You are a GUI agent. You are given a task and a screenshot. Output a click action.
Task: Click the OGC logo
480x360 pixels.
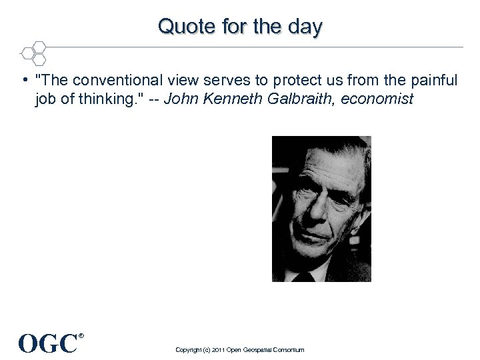[x=48, y=344]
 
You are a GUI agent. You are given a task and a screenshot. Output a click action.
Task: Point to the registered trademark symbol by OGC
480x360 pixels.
[x=81, y=336]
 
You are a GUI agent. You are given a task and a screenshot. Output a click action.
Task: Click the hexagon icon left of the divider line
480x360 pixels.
[x=33, y=53]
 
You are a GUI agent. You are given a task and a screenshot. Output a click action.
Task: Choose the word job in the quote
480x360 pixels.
[x=45, y=99]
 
